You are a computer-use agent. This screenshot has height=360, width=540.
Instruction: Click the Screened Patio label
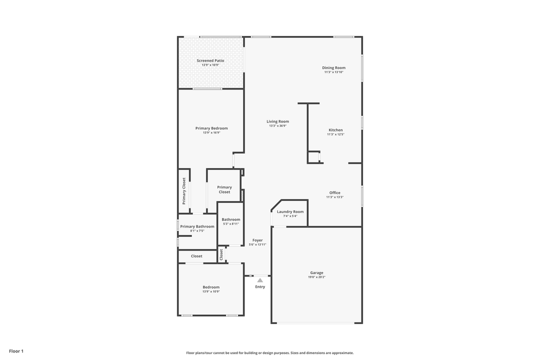(210, 60)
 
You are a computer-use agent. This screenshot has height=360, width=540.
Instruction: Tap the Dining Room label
(333, 68)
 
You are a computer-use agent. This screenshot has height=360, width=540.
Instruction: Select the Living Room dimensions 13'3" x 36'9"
(277, 126)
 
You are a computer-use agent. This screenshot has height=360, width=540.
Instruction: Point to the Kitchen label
(335, 130)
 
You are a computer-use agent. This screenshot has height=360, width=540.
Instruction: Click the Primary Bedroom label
(211, 128)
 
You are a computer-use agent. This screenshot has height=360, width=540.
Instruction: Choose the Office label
(334, 193)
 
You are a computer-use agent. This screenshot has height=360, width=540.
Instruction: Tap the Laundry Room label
(290, 212)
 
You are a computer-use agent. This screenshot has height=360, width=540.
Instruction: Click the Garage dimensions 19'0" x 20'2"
(316, 277)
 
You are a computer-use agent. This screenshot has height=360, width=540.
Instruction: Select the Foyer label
(257, 240)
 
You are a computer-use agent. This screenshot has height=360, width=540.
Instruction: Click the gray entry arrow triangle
(260, 280)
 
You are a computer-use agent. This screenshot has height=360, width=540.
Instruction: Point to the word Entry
(260, 287)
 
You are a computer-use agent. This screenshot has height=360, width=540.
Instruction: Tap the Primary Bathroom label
(197, 226)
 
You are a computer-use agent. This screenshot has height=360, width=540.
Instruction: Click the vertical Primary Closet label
(184, 191)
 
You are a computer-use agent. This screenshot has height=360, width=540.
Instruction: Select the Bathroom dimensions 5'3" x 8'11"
(231, 224)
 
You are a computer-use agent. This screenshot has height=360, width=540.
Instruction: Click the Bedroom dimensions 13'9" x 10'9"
(211, 291)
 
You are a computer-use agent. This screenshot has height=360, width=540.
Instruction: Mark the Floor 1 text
(16, 351)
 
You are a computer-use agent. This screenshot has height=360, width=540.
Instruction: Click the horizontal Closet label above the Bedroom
(196, 256)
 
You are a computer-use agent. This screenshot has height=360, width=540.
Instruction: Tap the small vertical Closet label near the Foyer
(221, 255)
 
